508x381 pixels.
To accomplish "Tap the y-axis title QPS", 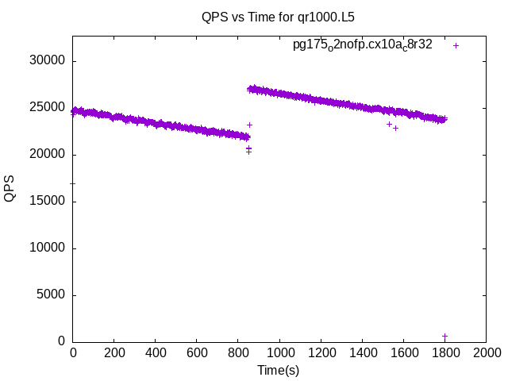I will tap(10, 188).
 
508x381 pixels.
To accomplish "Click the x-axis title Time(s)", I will tap(278, 370).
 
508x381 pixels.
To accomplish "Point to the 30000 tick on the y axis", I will tap(48, 61).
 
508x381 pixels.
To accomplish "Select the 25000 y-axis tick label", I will tap(48, 108).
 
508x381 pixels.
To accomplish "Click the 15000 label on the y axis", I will tap(48, 202).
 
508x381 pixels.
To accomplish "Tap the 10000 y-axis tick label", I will tap(48, 248).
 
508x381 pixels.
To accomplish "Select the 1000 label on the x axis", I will tap(279, 352).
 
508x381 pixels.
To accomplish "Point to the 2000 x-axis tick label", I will tap(486, 352).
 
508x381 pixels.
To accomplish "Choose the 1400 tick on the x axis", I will tap(362, 352).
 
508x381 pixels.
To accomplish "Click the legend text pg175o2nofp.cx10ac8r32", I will tap(362, 44).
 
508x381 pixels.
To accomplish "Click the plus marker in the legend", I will tap(456, 45).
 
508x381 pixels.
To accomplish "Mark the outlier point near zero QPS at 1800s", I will tap(444, 336).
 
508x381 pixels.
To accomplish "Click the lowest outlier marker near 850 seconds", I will tap(248, 152).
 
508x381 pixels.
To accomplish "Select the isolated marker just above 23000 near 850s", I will tap(249, 125).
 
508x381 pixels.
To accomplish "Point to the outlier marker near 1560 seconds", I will tap(395, 128).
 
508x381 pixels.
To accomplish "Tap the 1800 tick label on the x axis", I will tap(444, 352).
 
